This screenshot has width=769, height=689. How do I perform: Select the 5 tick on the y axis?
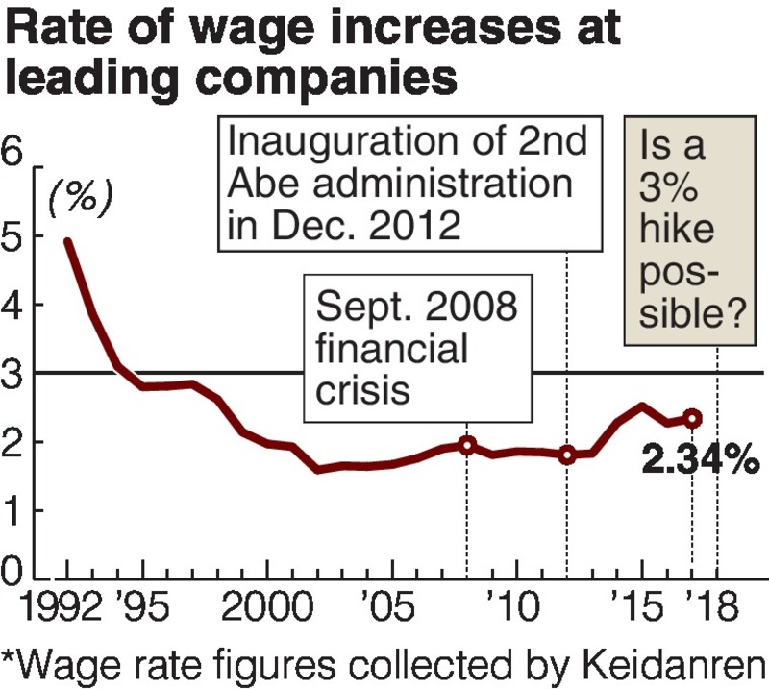tap(15, 235)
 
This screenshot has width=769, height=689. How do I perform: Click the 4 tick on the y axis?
tap(15, 305)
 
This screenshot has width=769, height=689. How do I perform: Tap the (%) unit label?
tap(82, 197)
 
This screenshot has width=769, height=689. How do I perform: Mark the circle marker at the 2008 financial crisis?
tap(467, 445)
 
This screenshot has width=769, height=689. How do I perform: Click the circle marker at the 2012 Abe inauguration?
tap(567, 455)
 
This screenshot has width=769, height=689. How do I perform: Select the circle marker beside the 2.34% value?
tap(692, 418)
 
